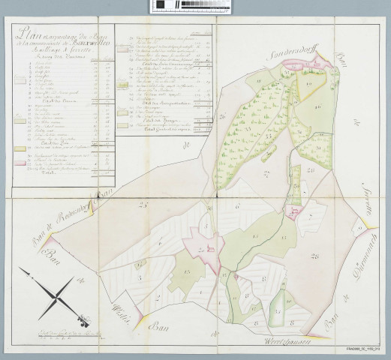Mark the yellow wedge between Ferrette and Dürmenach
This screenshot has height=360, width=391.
365,225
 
